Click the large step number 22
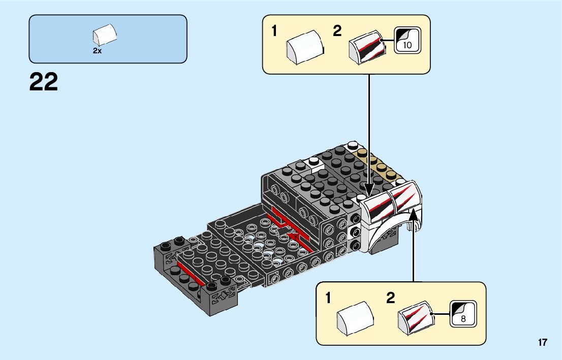tap(44, 82)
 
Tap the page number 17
tap(543, 343)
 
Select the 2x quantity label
tap(97, 51)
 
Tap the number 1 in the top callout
tap(274, 31)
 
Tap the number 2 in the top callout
tap(337, 31)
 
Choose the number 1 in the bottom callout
tap(328, 298)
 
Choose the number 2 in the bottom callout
tap(390, 298)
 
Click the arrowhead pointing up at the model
tap(414, 212)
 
